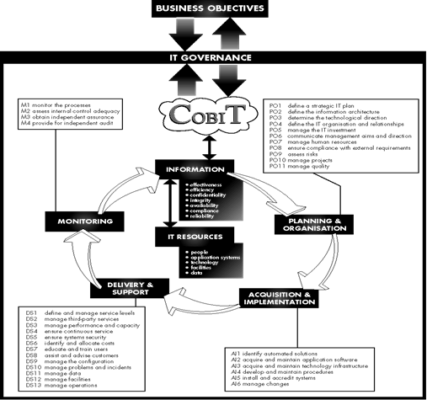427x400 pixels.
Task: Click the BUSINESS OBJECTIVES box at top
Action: (x=213, y=10)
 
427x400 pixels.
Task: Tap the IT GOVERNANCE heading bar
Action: (x=213, y=59)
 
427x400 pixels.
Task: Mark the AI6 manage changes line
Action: (x=270, y=388)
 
